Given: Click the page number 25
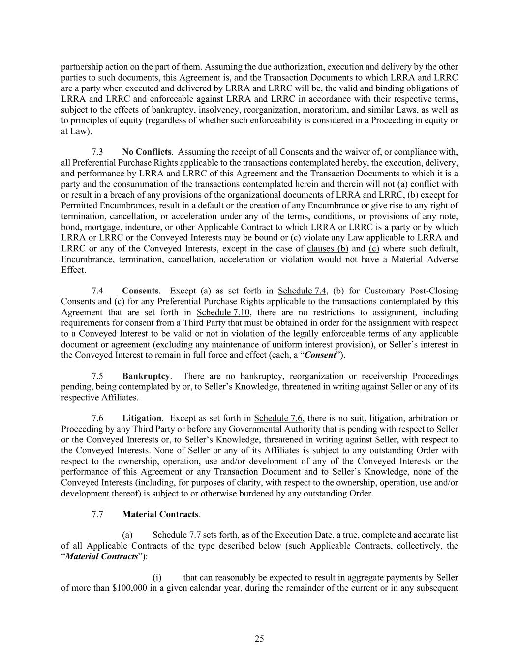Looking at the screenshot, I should tap(259, 639).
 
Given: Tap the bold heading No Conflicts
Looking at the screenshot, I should tap(147, 152).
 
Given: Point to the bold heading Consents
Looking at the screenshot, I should tap(140, 291).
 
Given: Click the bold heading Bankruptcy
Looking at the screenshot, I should tap(146, 376).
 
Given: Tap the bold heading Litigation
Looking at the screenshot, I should tap(142, 418).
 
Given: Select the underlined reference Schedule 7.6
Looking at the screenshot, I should tap(278, 418).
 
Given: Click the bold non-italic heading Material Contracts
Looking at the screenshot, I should tap(160, 514).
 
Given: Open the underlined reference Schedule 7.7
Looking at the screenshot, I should tap(177, 535).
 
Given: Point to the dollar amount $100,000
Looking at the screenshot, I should tap(129, 588).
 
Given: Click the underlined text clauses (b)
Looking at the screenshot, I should tap(327, 248).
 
